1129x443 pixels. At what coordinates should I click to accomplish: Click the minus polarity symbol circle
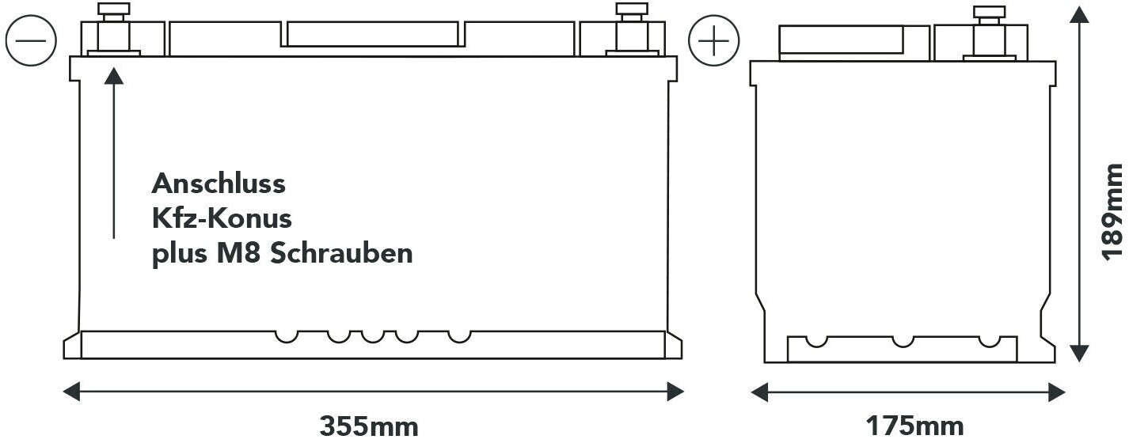click(30, 40)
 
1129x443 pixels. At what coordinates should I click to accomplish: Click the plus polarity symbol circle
click(713, 40)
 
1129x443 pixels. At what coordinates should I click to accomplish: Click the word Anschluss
click(218, 184)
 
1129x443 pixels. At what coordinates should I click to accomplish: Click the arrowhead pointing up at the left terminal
click(114, 76)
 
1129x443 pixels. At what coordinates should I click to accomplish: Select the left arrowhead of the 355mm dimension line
click(71, 391)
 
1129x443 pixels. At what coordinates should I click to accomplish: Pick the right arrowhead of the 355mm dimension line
click(675, 391)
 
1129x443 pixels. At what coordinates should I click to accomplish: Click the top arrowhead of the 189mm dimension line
click(1079, 15)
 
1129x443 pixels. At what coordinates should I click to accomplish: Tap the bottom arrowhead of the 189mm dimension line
click(1079, 353)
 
